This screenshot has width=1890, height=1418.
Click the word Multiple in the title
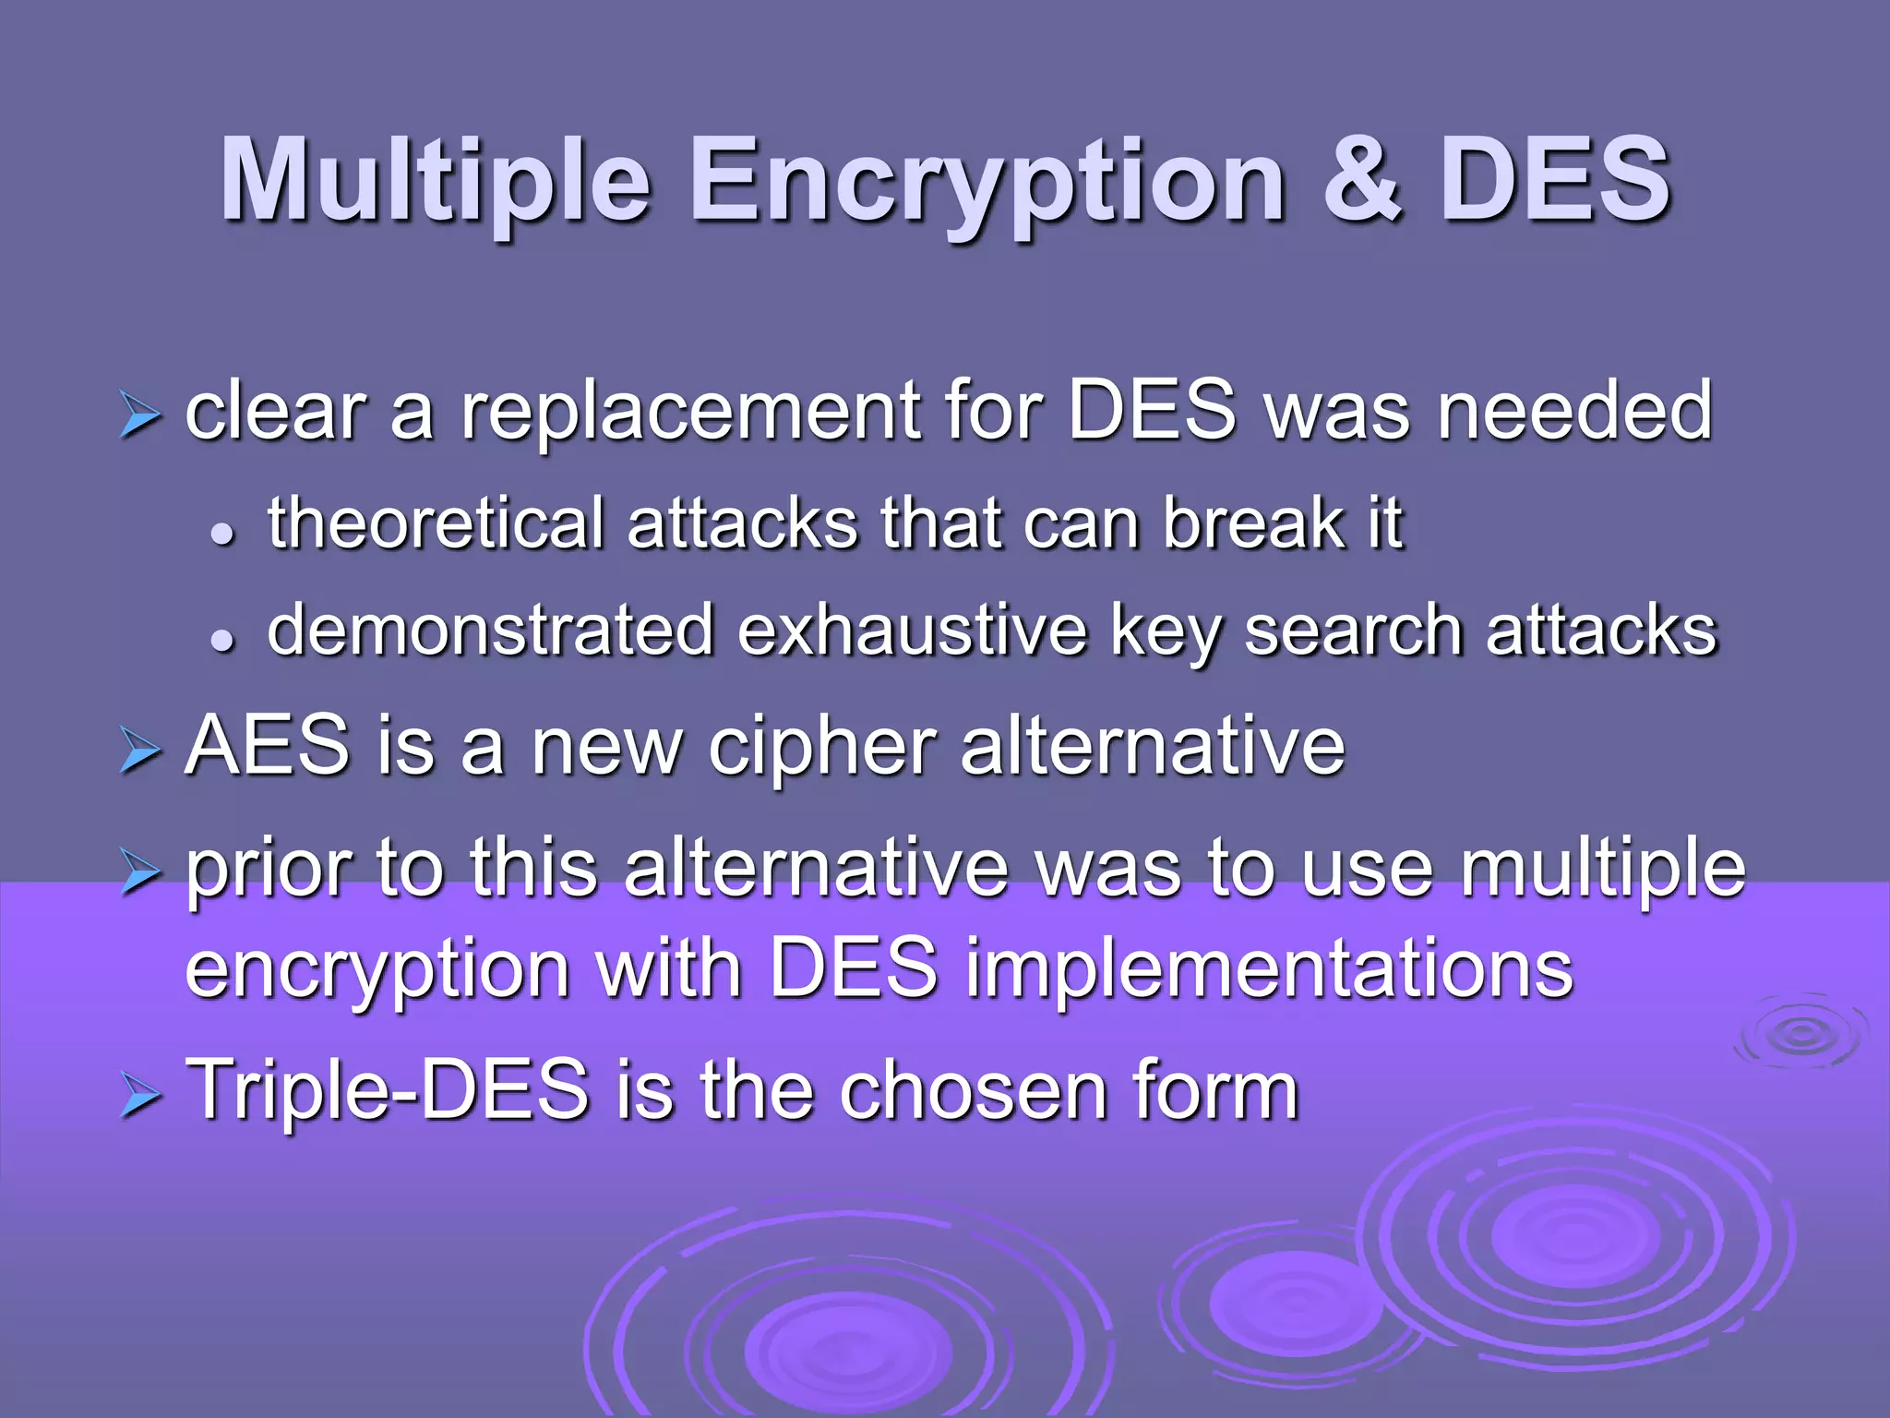pyautogui.click(x=435, y=180)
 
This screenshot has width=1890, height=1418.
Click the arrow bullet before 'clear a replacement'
pyautogui.click(x=140, y=416)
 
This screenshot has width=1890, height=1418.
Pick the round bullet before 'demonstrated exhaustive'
pyautogui.click(x=221, y=640)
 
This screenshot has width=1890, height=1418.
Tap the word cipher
pyautogui.click(x=821, y=750)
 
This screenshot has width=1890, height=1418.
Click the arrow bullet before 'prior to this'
pyautogui.click(x=140, y=872)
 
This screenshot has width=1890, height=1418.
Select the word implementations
pyautogui.click(x=1269, y=971)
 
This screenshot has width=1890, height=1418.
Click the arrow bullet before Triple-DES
pyautogui.click(x=140, y=1098)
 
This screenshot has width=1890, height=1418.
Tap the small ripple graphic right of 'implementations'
pyautogui.click(x=1800, y=1032)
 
